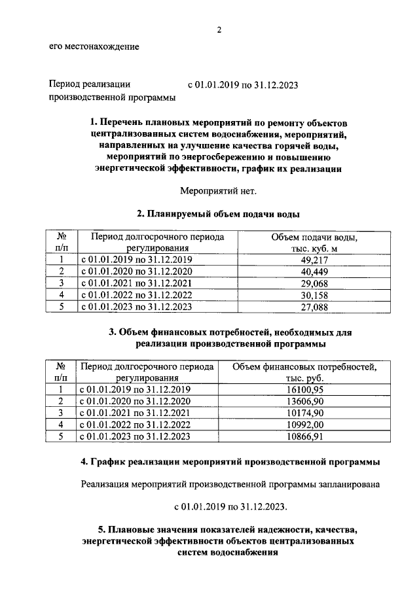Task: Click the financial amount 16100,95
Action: [305, 390]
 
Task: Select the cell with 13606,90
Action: [305, 402]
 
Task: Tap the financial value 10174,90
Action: [305, 413]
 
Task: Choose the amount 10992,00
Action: [305, 425]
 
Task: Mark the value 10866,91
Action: [305, 437]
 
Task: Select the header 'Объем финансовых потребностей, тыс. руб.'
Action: [305, 372]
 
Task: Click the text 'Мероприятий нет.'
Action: [219, 191]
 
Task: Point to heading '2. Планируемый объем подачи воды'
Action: [219, 214]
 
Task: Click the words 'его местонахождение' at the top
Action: [94, 46]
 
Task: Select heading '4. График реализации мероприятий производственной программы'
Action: [230, 462]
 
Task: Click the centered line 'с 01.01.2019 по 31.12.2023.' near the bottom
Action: [230, 507]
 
